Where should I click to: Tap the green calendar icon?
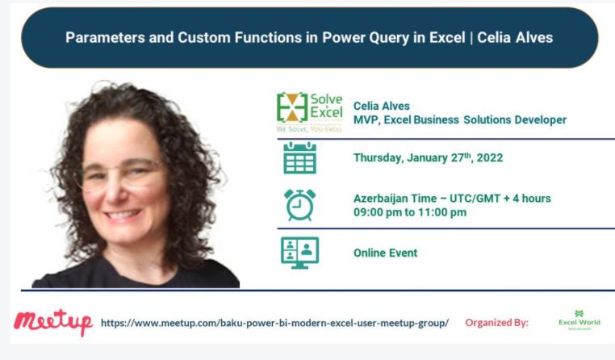[299, 158]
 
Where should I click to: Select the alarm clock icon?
[299, 204]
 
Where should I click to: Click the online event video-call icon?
[299, 253]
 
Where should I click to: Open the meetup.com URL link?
[274, 323]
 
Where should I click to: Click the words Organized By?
[496, 323]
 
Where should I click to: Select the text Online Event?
[385, 253]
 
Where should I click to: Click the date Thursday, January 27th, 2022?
[428, 158]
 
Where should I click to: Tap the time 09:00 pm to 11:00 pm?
[409, 212]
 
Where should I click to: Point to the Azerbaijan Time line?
[452, 199]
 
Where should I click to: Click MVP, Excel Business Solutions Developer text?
[459, 120]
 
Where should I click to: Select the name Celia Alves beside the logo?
[382, 106]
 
